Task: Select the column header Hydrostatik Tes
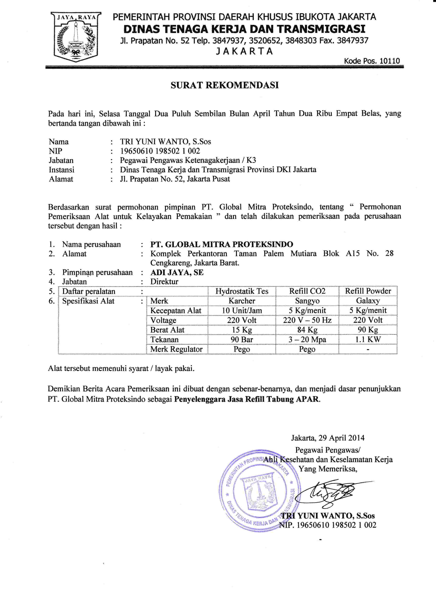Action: pyautogui.click(x=242, y=291)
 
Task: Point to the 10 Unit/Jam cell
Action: pyautogui.click(x=242, y=310)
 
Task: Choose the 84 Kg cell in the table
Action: pyautogui.click(x=307, y=330)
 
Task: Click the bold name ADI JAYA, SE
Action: pyautogui.click(x=177, y=273)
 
